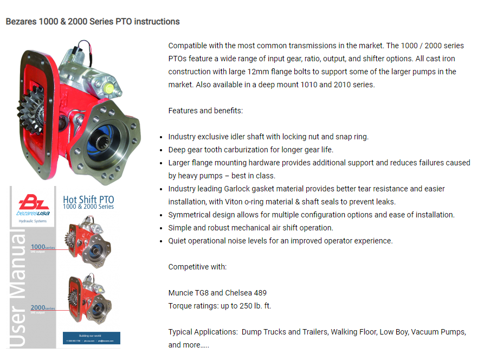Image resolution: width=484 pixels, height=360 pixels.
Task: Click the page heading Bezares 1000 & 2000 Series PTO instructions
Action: [93, 22]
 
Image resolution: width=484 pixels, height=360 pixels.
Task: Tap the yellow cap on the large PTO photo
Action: [110, 87]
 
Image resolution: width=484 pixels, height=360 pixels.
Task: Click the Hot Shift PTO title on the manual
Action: [88, 200]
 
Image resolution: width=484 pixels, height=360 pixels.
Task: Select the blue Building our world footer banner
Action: [91, 338]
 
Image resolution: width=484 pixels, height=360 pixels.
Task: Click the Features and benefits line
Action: [205, 111]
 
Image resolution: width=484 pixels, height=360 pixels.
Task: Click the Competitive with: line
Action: [197, 267]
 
